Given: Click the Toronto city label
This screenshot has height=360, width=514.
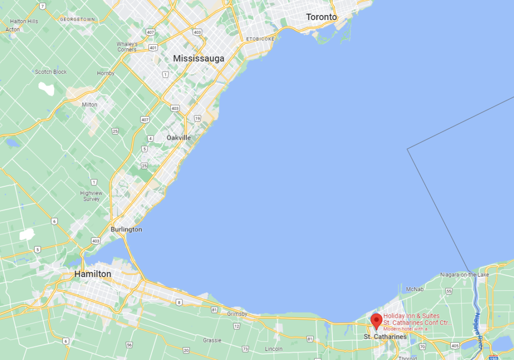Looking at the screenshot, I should pyautogui.click(x=321, y=17).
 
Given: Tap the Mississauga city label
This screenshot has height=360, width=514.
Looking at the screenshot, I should pyautogui.click(x=198, y=59).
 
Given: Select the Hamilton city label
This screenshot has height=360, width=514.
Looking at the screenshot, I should pyautogui.click(x=92, y=274).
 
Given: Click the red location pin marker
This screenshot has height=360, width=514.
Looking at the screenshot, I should pyautogui.click(x=376, y=320).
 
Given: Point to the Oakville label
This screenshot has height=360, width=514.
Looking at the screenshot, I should pyautogui.click(x=179, y=138).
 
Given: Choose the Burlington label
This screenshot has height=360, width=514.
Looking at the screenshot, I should pyautogui.click(x=126, y=229).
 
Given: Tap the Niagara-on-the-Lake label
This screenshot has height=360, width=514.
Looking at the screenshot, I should pyautogui.click(x=464, y=275).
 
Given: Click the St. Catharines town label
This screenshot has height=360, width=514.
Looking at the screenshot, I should pyautogui.click(x=385, y=337).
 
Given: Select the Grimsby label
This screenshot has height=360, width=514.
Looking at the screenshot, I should pyautogui.click(x=237, y=314).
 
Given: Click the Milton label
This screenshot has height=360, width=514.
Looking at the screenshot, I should pyautogui.click(x=89, y=104).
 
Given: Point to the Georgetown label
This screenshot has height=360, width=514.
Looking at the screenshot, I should pyautogui.click(x=77, y=20).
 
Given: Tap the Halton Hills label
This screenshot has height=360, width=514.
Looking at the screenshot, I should pyautogui.click(x=24, y=22).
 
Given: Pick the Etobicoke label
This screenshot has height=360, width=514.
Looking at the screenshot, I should pyautogui.click(x=260, y=39).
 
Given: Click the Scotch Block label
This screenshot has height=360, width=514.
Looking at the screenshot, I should pyautogui.click(x=51, y=72).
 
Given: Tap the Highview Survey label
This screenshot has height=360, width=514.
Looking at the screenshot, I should pyautogui.click(x=91, y=196).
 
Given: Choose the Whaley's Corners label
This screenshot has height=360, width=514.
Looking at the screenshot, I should pyautogui.click(x=126, y=47).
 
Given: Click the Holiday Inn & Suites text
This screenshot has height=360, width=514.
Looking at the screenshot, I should pyautogui.click(x=411, y=316).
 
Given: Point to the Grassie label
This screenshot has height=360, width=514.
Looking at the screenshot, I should pyautogui.click(x=212, y=340).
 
